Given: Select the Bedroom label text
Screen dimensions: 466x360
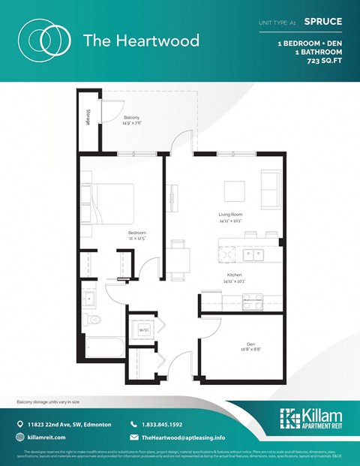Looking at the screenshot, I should (136, 234).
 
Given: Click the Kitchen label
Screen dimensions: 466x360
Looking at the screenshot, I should (234, 275).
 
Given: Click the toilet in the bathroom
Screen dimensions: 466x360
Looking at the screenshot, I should (92, 320).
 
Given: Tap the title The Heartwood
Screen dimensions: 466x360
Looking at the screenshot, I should (141, 41).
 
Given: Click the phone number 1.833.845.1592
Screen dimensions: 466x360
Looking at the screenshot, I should (162, 423).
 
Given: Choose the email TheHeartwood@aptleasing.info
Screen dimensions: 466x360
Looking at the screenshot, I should (183, 437).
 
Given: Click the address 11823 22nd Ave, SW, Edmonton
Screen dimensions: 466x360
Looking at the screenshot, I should (72, 423).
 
